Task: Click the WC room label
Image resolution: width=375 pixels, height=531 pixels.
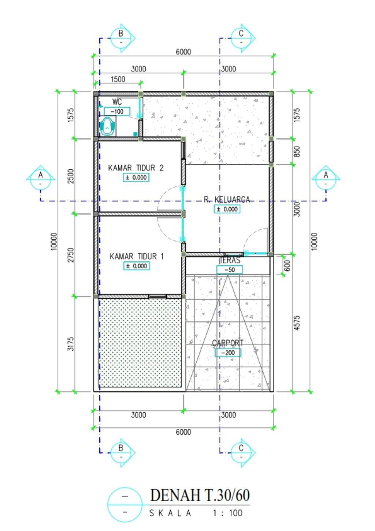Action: point(117,102)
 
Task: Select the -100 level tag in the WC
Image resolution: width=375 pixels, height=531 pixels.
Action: point(117,111)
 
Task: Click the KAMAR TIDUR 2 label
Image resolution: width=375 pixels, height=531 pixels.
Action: point(136,168)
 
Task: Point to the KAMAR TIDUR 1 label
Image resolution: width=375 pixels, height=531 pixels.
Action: point(137,256)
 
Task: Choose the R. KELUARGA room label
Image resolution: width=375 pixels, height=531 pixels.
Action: point(227,199)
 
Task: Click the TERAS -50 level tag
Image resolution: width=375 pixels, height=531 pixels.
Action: point(229,270)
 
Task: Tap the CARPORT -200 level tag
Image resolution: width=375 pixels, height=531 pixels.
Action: point(228,353)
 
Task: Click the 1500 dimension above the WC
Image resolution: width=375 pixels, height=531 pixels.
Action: point(118,79)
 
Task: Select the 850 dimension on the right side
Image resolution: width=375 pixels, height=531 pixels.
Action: point(297,151)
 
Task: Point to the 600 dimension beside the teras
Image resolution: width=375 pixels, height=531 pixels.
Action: point(287,265)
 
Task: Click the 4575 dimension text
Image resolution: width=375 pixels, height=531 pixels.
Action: point(297,322)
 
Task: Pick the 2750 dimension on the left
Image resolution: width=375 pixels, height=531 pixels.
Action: point(71,255)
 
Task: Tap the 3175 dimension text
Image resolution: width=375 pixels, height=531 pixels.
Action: point(71,344)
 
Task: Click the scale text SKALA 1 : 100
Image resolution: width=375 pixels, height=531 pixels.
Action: point(196,513)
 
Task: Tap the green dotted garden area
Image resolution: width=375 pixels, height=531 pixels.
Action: point(140,342)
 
